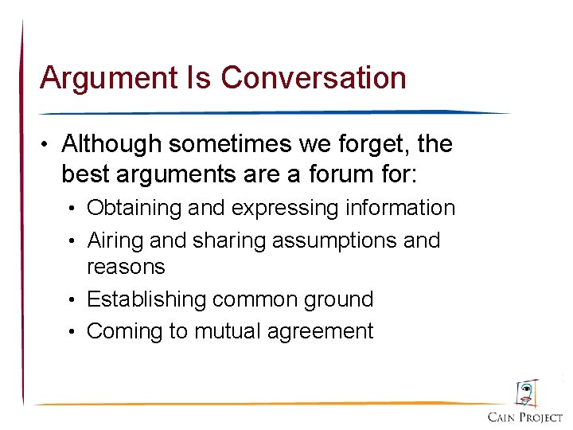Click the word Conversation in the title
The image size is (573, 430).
point(314,78)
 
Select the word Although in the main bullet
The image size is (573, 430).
point(111,144)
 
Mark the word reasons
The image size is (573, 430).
point(126,267)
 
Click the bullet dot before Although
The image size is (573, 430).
point(49,145)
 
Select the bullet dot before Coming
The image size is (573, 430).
point(74,332)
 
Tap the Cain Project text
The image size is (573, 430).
point(524,417)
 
